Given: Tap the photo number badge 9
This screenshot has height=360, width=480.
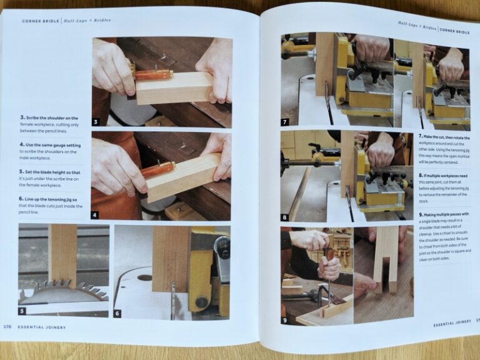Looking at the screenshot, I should coord(286,319).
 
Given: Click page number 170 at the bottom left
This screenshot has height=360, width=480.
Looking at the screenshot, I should coord(7,326).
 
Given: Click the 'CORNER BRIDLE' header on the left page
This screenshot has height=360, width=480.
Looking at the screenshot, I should coord(40,21).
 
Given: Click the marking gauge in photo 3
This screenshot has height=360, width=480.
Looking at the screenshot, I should coord(153,74).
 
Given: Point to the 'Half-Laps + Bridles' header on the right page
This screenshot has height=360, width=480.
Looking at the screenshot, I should coord(416,26).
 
